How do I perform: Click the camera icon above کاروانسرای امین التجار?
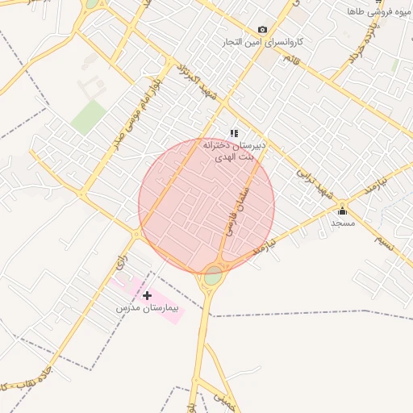pyautogui.click(x=262, y=30)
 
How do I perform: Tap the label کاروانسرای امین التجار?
pyautogui.click(x=262, y=42)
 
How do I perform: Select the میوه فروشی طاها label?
pyautogui.click(x=379, y=12)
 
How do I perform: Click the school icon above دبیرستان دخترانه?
pyautogui.click(x=234, y=133)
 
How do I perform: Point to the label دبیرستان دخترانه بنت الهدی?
pyautogui.click(x=233, y=151)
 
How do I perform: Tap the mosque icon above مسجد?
pyautogui.click(x=342, y=211)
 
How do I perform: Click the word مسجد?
pyautogui.click(x=343, y=222)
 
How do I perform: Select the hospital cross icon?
pyautogui.click(x=147, y=296)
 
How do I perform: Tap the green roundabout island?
pyautogui.click(x=213, y=276)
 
